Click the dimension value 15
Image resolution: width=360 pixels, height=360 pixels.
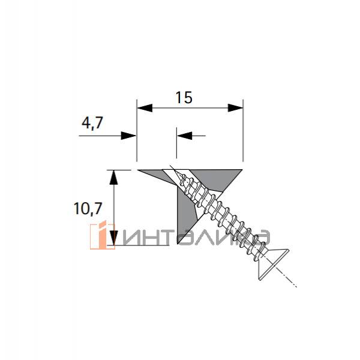click(x=184, y=97)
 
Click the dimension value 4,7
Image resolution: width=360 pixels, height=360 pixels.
click(x=92, y=123)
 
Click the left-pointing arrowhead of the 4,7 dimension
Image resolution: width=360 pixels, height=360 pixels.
click(x=184, y=136)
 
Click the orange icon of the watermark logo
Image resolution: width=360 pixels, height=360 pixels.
click(x=102, y=236)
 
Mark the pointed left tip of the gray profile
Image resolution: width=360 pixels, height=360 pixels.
click(x=142, y=171)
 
